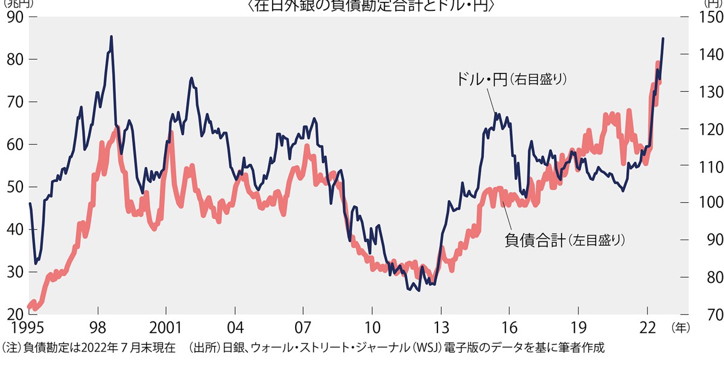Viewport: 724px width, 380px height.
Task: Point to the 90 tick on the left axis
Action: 14,17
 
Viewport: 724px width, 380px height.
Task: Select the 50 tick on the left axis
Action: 14,187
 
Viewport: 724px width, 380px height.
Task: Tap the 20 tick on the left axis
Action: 14,314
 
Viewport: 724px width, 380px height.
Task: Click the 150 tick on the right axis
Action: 707,17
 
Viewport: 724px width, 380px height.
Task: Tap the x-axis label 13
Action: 441,328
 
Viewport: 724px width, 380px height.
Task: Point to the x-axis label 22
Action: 647,328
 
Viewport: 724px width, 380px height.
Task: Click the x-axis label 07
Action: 303,328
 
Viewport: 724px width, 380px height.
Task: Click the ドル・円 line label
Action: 477,80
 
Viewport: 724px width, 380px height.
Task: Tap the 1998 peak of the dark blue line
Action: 111,37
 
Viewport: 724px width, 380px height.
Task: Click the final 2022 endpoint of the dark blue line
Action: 663,39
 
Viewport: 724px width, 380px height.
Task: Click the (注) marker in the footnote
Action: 12,348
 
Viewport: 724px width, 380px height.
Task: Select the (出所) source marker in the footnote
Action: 205,348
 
